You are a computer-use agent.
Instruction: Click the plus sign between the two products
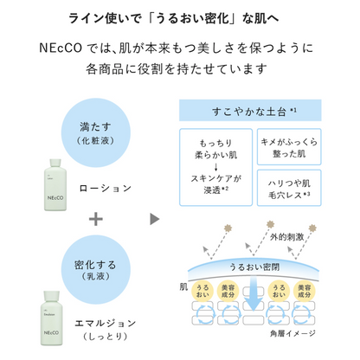(96, 219)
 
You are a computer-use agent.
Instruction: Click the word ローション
(105, 187)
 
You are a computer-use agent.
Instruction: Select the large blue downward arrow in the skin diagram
(250, 299)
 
